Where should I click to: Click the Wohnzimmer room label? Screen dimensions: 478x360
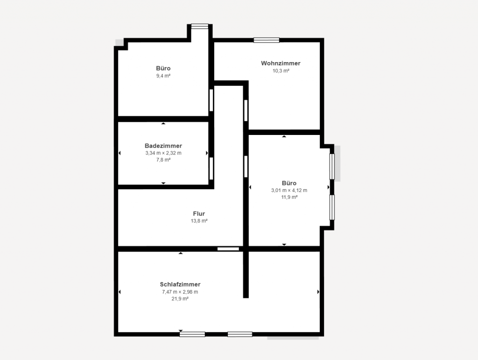[x=281, y=64]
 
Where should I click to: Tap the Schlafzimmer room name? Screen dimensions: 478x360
[x=180, y=284]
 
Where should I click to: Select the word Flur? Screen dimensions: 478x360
[x=199, y=214]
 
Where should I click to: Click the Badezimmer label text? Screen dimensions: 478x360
[x=163, y=146]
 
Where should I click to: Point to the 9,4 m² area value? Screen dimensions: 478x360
[x=163, y=76]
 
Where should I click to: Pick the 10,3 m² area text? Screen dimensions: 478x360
[x=281, y=71]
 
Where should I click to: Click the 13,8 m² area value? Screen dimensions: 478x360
[x=199, y=221]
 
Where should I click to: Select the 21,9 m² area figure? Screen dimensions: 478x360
[x=180, y=299]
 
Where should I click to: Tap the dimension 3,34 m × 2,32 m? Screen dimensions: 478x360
[x=163, y=153]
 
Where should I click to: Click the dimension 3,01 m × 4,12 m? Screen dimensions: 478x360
[x=289, y=190]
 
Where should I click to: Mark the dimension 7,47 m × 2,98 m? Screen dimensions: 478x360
[x=180, y=292]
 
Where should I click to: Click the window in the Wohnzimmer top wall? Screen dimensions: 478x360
[x=267, y=40]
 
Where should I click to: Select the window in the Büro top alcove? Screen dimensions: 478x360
[x=200, y=27]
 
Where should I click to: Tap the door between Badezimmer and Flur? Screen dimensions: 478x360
[x=211, y=169]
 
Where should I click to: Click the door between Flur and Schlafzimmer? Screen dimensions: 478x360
[x=228, y=249]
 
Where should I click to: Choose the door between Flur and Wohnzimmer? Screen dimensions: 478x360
[x=246, y=110]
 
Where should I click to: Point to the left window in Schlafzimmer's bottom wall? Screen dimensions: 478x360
[x=192, y=334]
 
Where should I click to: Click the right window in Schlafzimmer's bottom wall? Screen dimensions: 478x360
[x=240, y=334]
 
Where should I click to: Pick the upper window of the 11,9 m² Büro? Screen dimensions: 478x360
[x=332, y=166]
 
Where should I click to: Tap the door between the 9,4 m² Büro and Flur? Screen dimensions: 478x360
[x=211, y=100]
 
